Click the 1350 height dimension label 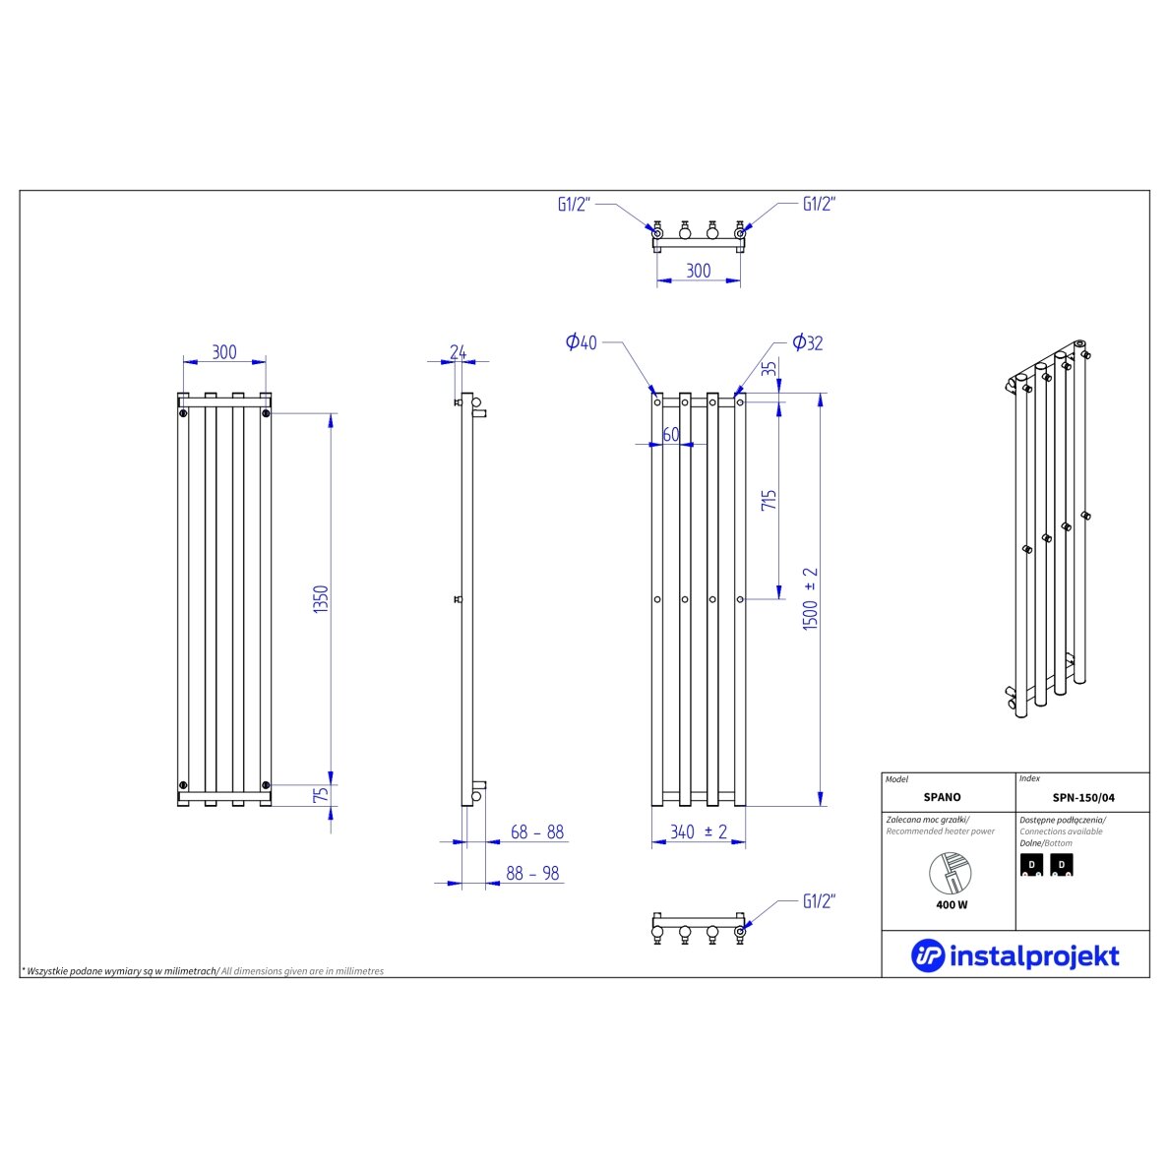321,599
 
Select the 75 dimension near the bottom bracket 321,795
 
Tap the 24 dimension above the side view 458,352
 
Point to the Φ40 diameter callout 581,342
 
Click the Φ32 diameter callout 808,343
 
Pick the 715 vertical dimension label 769,500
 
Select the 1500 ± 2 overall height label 811,598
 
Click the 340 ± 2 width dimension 699,831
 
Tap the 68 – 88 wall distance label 537,831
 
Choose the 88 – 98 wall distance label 532,873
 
